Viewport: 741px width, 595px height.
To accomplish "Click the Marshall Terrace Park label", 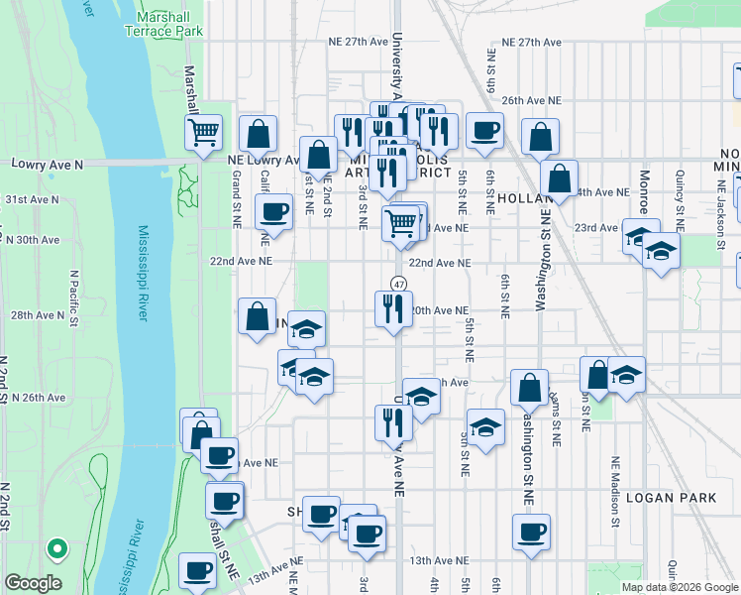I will (x=163, y=24).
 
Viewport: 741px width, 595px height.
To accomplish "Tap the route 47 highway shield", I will (x=397, y=285).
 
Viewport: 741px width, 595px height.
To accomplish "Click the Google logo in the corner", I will (x=33, y=583).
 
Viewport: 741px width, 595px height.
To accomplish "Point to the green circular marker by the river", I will (x=58, y=547).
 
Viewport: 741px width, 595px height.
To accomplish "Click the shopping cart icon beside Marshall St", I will (x=203, y=132).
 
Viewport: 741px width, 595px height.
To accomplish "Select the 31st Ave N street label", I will (x=31, y=199).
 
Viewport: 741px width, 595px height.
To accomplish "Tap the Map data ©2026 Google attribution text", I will (x=680, y=587).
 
